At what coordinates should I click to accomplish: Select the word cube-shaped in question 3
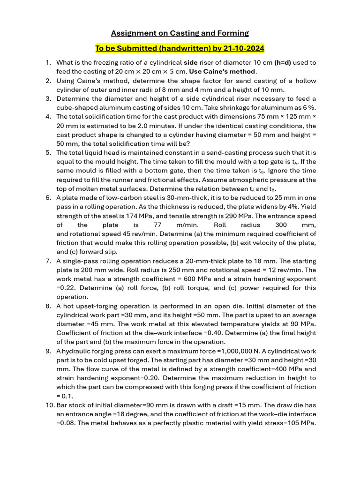click(x=75, y=108)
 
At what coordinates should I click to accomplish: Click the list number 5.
click(x=48, y=153)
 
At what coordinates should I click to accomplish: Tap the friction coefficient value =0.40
click(x=165, y=333)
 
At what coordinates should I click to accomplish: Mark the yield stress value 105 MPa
click(x=298, y=423)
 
